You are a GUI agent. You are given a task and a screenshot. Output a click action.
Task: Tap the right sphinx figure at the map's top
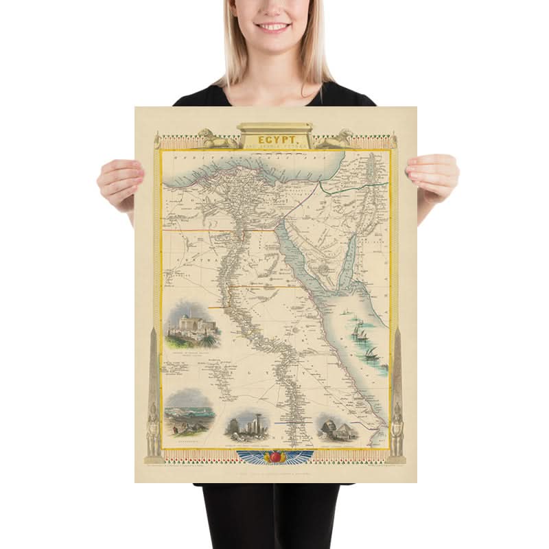pyautogui.click(x=336, y=139)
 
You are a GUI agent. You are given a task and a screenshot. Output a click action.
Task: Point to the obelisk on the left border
pyautogui.click(x=154, y=371)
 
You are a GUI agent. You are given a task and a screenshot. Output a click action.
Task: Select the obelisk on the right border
pyautogui.click(x=397, y=371)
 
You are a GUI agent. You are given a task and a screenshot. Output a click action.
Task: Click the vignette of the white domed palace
pyautogui.click(x=189, y=323)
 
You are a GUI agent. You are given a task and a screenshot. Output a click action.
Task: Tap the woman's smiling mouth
pyautogui.click(x=274, y=27)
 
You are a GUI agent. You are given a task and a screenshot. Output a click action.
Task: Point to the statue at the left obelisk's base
pyautogui.click(x=152, y=429)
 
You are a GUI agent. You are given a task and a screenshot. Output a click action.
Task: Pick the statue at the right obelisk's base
pyautogui.click(x=397, y=429)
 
